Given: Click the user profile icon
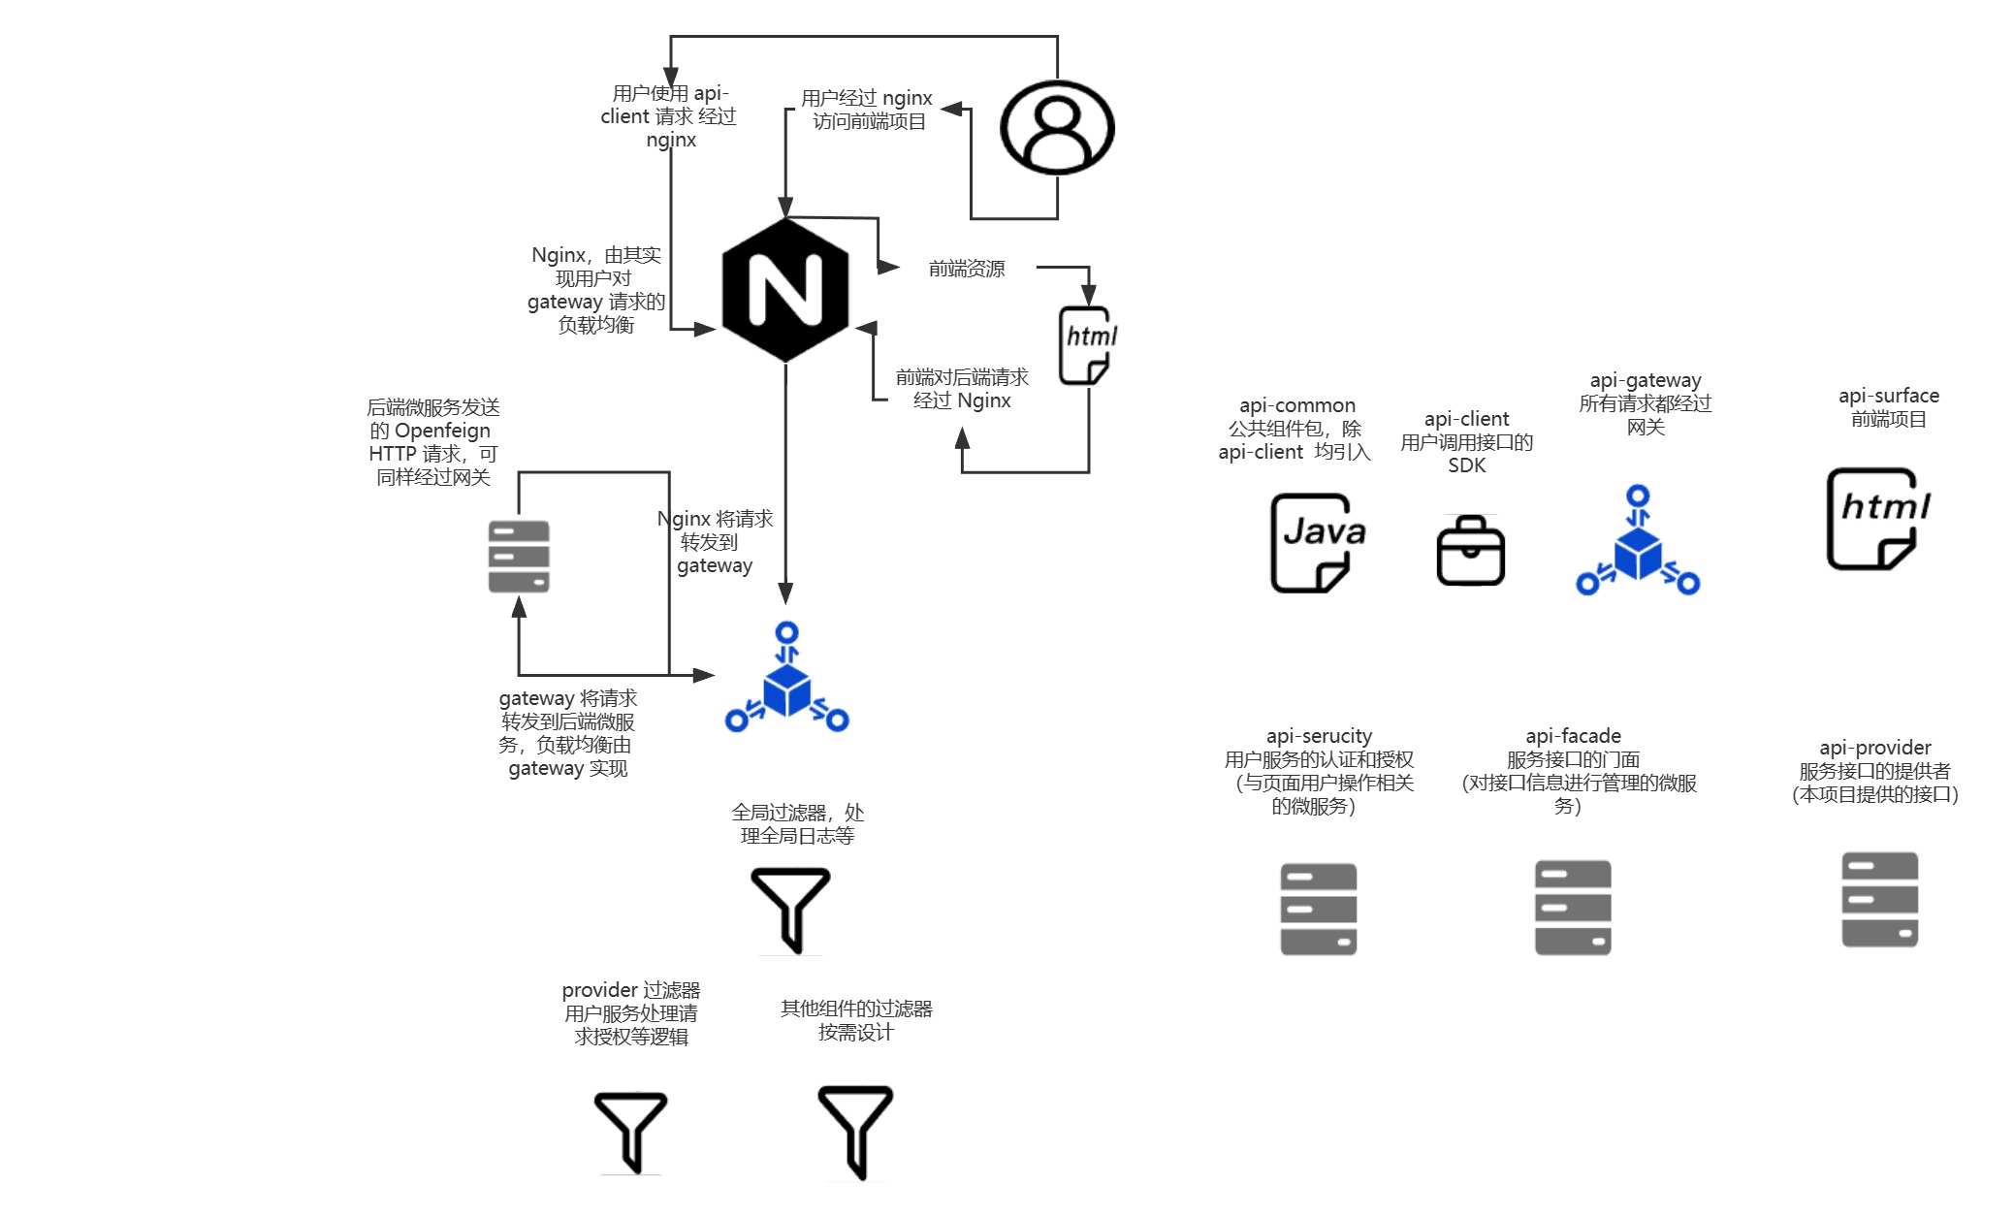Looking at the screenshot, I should point(1057,127).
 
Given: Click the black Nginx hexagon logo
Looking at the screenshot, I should point(785,290).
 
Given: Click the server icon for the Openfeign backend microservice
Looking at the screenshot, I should point(519,557).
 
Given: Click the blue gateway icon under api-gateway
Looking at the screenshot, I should point(1638,542).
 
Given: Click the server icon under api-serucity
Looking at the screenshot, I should point(1318,909).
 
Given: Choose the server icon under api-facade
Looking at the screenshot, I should point(1573,907).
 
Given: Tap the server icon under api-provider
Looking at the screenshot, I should point(1879,899).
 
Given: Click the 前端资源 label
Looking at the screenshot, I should point(967,269).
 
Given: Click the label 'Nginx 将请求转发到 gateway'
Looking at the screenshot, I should point(716,542).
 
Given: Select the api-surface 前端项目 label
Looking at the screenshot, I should point(1889,407).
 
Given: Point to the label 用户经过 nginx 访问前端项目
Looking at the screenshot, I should point(867,110).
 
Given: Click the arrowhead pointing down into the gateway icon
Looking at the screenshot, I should point(785,593).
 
